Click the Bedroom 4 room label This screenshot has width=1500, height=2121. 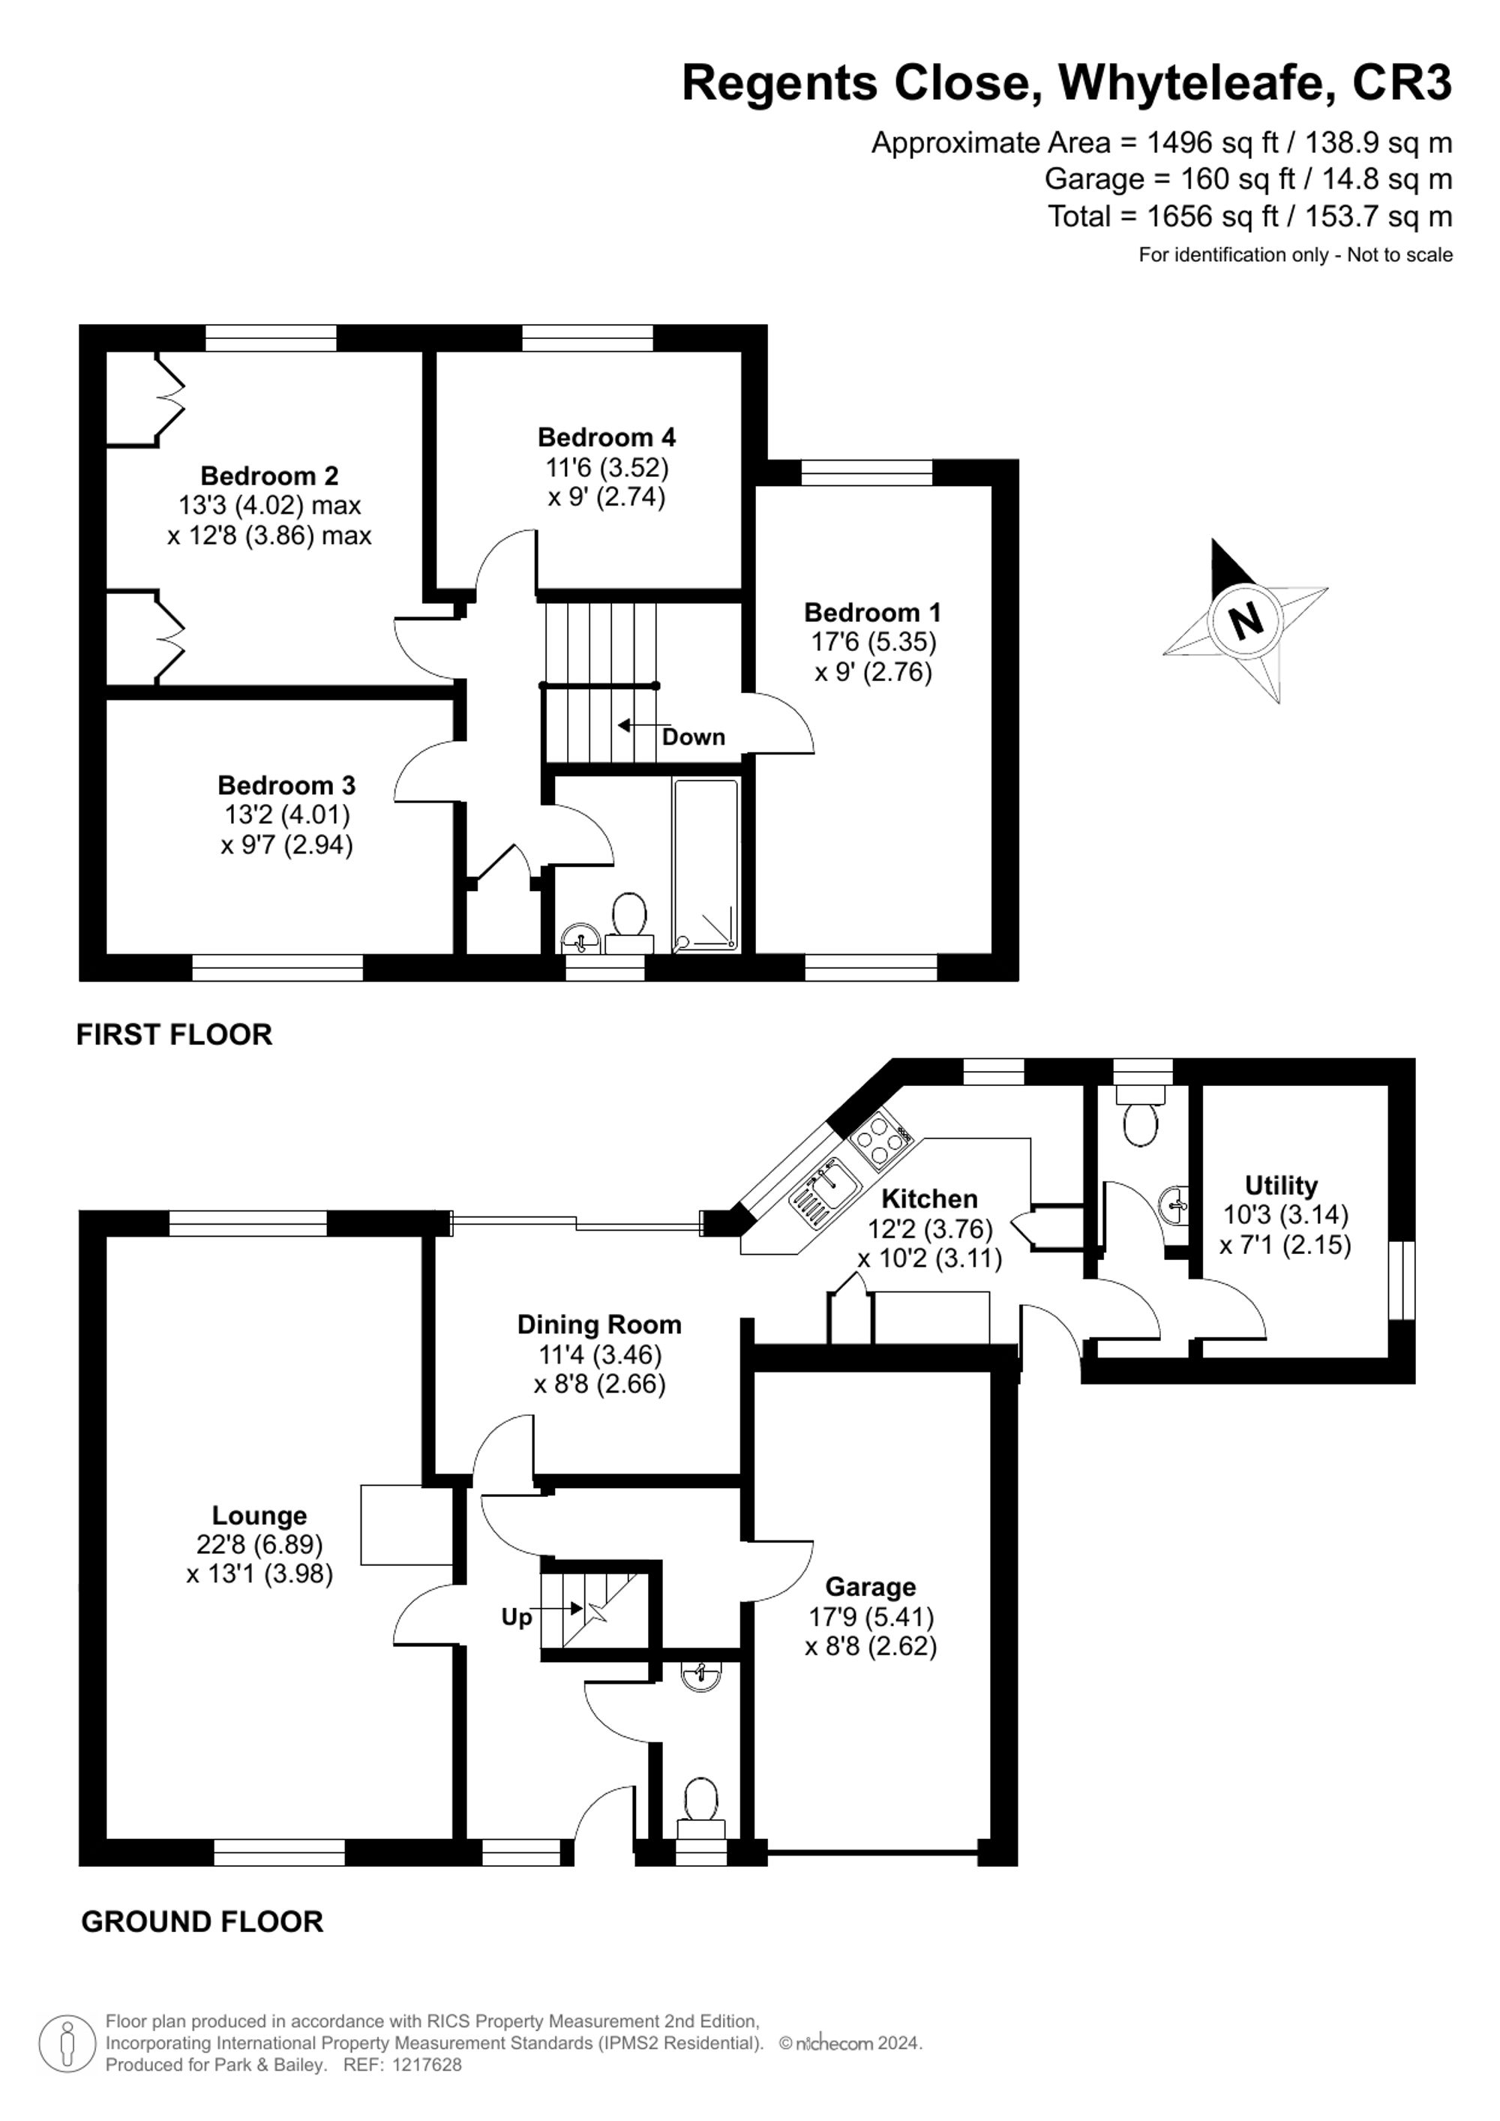tap(606, 437)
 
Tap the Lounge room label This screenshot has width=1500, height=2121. tap(259, 1515)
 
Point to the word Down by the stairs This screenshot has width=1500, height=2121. tap(693, 737)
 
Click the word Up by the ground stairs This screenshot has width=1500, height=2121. tap(516, 1618)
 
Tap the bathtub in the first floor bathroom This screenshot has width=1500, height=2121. tap(706, 865)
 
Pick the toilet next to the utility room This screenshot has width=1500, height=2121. tap(1141, 1120)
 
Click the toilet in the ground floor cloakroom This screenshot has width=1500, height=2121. tap(701, 1804)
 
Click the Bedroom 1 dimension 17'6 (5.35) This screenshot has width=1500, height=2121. tap(873, 642)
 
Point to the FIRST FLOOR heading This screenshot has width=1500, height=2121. tap(174, 1035)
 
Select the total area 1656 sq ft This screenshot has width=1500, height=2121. tap(1212, 216)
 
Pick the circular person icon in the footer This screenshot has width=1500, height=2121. tap(67, 2042)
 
